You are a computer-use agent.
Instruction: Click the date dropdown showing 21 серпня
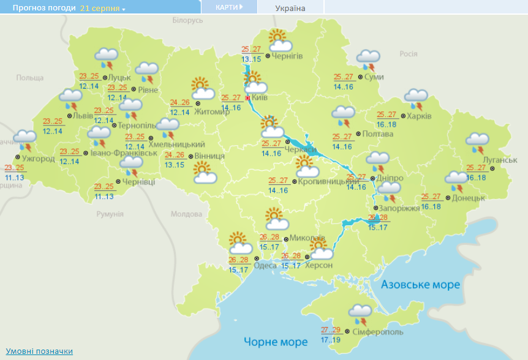click(102, 9)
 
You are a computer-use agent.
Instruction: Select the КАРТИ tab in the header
click(229, 7)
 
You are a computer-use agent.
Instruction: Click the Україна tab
click(290, 8)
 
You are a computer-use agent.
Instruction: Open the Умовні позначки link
click(39, 351)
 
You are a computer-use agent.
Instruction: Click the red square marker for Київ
click(247, 98)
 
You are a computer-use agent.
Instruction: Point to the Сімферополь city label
click(378, 332)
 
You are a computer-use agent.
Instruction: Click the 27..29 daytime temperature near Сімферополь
click(331, 329)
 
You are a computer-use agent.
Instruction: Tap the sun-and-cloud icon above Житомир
click(202, 88)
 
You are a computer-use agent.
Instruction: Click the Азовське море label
click(420, 285)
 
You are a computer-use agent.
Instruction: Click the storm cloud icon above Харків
click(417, 99)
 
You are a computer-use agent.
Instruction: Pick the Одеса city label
click(265, 265)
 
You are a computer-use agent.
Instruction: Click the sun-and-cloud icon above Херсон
click(320, 249)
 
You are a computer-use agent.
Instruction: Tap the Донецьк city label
click(469, 198)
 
